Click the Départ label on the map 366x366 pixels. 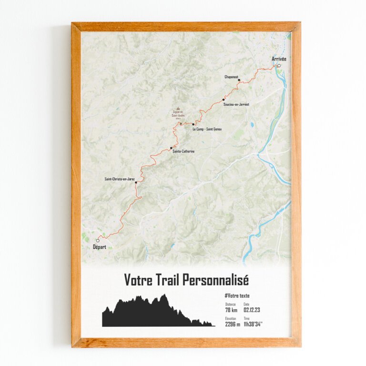pyautogui.click(x=97, y=247)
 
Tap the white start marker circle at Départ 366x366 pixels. pyautogui.click(x=98, y=240)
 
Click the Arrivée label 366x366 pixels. pyautogui.click(x=279, y=59)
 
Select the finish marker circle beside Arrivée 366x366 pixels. pyautogui.click(x=279, y=66)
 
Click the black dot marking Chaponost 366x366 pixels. pyautogui.click(x=239, y=80)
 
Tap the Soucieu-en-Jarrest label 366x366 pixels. pyautogui.click(x=236, y=104)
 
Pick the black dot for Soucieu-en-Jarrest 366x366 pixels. pyautogui.click(x=224, y=100)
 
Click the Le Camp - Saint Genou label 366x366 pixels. pyautogui.click(x=207, y=129)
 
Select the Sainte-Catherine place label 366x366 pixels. pyautogui.click(x=183, y=151)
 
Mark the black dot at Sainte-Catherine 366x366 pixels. pyautogui.click(x=171, y=148)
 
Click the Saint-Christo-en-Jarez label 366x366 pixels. pyautogui.click(x=120, y=179)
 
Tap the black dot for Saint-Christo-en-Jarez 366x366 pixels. pyautogui.click(x=136, y=183)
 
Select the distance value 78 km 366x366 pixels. pyautogui.click(x=231, y=311)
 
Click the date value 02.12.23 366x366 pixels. pyautogui.click(x=252, y=311)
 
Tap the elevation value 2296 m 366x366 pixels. pyautogui.click(x=233, y=324)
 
